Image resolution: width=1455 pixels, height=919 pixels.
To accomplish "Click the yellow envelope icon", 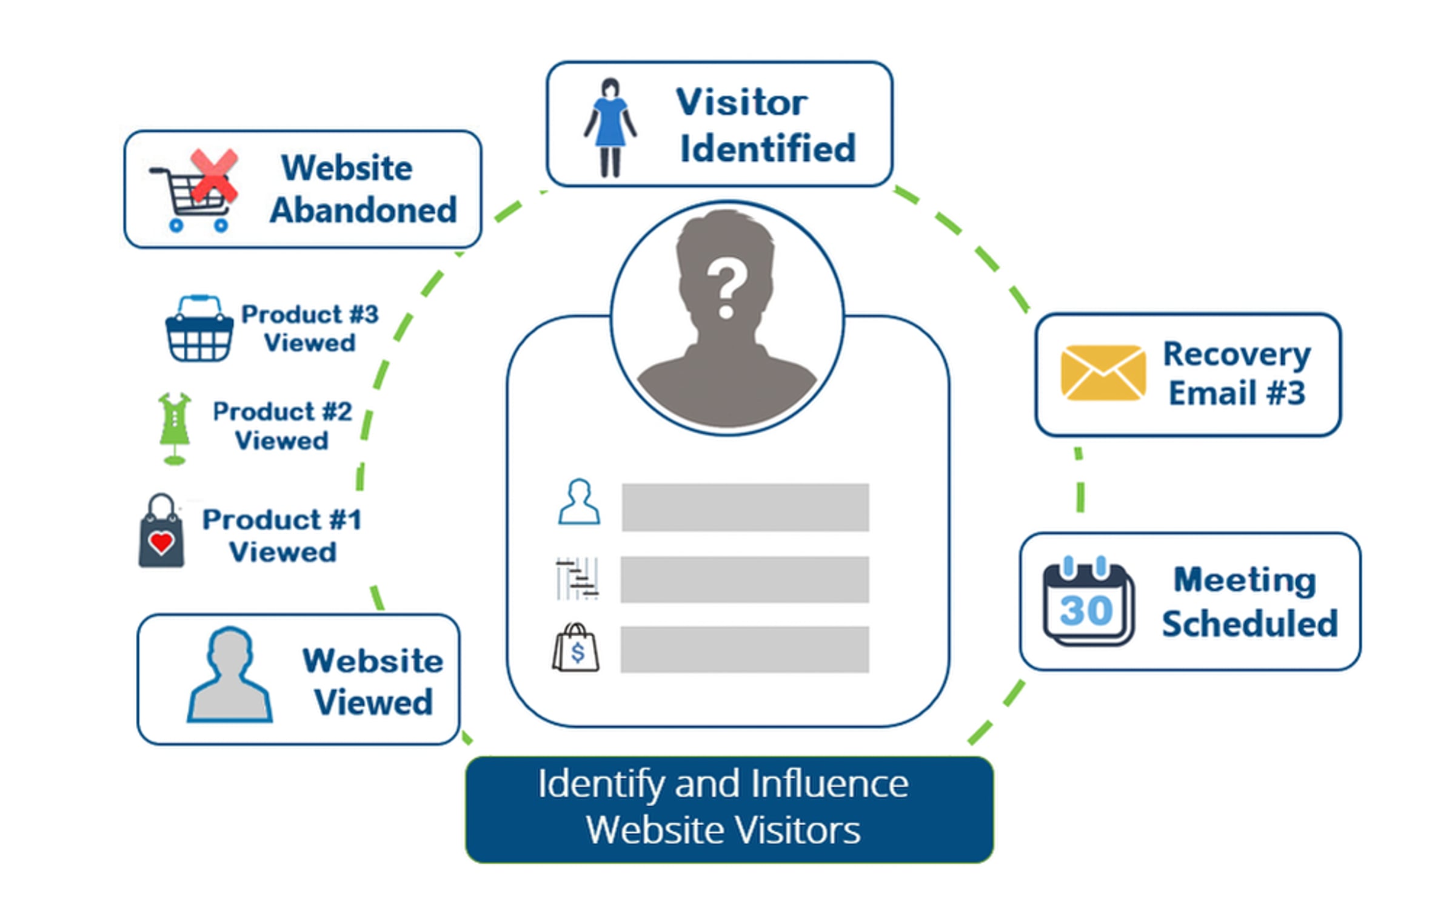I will click(1103, 372).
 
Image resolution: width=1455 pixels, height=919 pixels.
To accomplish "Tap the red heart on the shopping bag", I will click(161, 542).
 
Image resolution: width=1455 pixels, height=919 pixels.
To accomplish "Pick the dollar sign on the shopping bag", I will click(577, 653).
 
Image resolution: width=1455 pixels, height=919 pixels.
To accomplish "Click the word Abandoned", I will click(363, 210).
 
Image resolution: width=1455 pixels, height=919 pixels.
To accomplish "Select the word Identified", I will click(768, 148).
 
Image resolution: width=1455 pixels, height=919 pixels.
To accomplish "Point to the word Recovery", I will click(1236, 354).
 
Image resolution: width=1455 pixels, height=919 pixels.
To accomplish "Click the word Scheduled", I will click(1249, 623).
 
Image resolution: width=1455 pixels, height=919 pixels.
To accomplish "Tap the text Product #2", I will click(283, 411).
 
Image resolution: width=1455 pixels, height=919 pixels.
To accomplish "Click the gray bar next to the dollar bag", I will click(744, 649).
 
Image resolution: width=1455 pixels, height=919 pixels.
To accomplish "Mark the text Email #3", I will click(1237, 392).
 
